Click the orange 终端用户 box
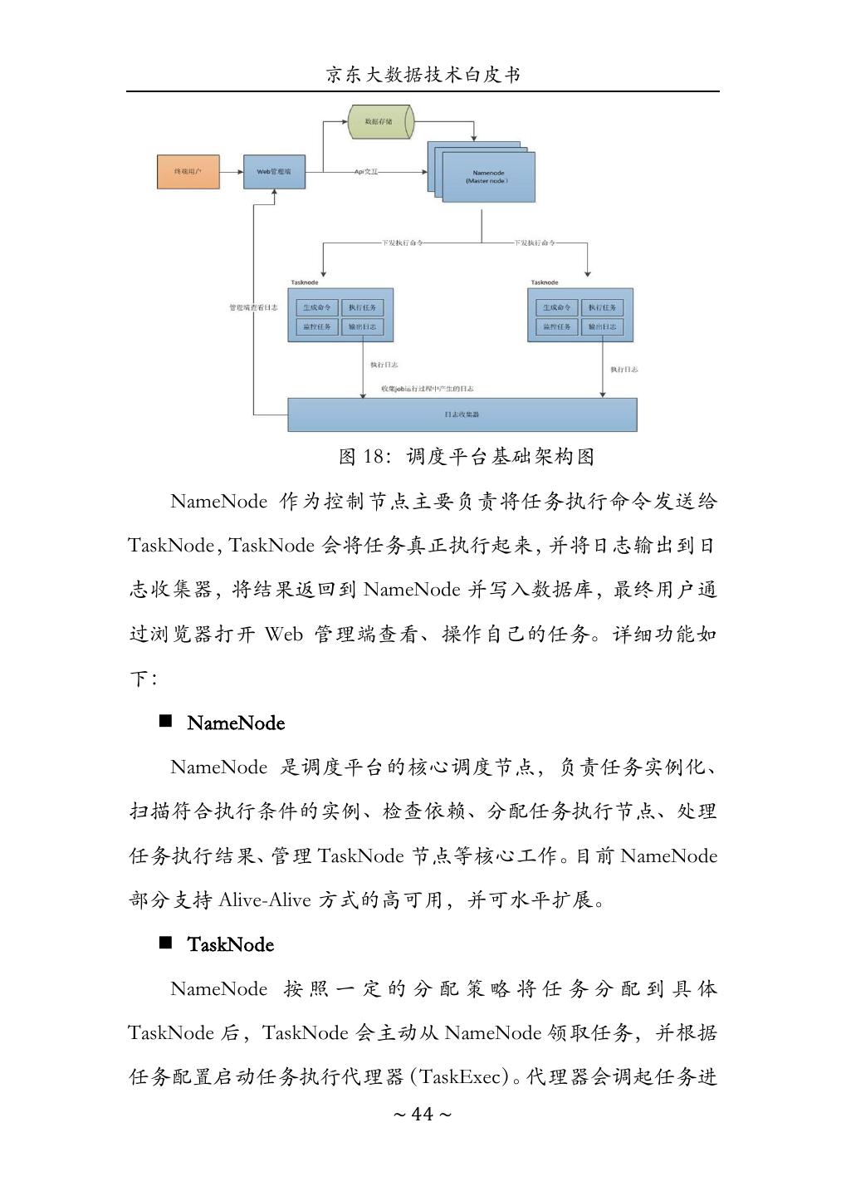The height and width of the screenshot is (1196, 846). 188,172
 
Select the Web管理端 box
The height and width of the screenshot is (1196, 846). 274,172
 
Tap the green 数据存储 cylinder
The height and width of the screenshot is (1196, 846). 379,122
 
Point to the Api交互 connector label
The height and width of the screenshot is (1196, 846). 366,172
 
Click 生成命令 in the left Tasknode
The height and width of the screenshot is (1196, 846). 317,307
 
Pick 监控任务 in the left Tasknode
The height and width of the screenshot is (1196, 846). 317,326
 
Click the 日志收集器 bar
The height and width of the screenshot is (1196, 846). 462,414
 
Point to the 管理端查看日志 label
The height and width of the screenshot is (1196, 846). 253,307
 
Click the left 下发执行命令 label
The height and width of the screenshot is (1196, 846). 402,243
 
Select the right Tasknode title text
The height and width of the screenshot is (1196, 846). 545,282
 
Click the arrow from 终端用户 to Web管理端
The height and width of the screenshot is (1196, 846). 232,172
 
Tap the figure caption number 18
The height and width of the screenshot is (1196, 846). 374,457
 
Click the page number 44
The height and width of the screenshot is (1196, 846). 423,1115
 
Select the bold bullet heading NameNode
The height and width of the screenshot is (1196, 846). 236,723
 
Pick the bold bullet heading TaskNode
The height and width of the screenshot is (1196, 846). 230,945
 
